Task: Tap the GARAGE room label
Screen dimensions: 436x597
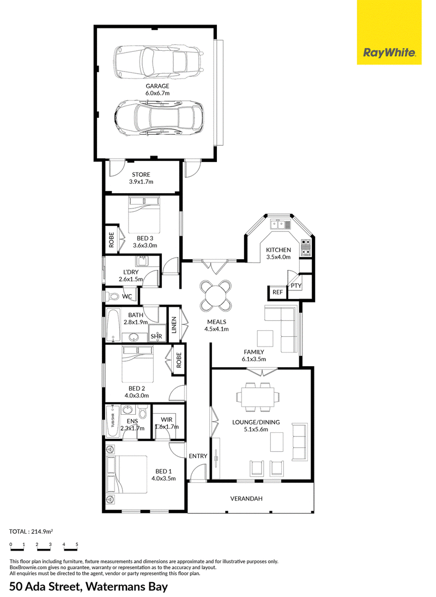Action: point(158,86)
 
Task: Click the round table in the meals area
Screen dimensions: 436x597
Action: point(215,295)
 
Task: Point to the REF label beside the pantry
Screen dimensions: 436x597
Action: point(277,292)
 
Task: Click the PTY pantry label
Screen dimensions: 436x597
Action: point(296,285)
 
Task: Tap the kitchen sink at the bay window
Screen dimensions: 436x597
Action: point(280,224)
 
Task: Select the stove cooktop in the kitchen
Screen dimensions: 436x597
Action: point(306,247)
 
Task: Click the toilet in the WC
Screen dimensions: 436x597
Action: point(112,296)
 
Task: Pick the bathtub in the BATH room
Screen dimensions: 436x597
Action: point(113,325)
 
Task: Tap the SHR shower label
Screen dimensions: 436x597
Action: point(156,337)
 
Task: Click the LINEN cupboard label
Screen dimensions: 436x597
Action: point(174,325)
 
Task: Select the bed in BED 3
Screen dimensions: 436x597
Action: point(144,214)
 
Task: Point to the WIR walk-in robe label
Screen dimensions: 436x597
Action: point(166,420)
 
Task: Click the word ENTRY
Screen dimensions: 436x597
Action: point(198,456)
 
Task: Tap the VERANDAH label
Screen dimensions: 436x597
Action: point(246,499)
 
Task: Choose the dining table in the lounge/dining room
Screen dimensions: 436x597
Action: point(259,397)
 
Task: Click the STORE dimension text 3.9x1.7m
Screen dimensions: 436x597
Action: point(141,182)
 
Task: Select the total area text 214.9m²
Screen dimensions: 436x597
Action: point(41,532)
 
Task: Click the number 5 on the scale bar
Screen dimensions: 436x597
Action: point(77,545)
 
